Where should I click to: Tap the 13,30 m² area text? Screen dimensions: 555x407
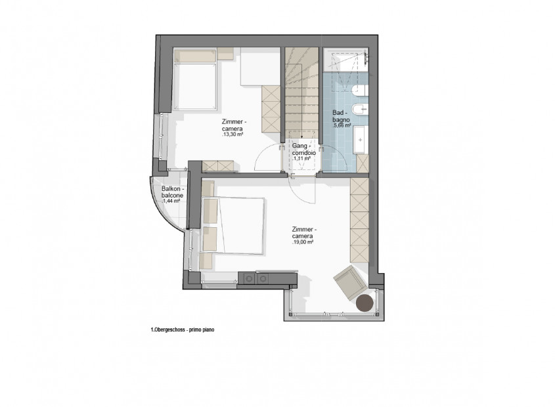pyautogui.click(x=233, y=135)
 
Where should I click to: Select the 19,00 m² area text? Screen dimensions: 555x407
pyautogui.click(x=303, y=242)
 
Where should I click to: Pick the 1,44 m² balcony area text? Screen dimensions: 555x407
pyautogui.click(x=171, y=201)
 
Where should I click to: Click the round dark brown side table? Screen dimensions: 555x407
pyautogui.click(x=365, y=303)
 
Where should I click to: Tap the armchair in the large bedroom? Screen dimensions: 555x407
pyautogui.click(x=349, y=282)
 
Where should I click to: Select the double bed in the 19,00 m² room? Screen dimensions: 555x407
pyautogui.click(x=233, y=225)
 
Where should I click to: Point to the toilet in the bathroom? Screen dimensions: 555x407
pyautogui.click(x=361, y=91)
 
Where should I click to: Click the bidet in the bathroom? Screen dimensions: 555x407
pyautogui.click(x=361, y=110)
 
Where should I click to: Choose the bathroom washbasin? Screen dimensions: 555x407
pyautogui.click(x=360, y=139)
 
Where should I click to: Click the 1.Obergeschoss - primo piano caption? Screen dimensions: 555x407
pyautogui.click(x=183, y=330)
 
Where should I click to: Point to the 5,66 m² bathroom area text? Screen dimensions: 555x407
pyautogui.click(x=342, y=125)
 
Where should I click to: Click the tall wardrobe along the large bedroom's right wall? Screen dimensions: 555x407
pyautogui.click(x=359, y=220)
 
